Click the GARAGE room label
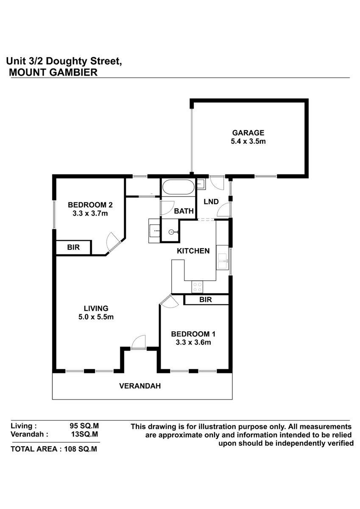point(248,133)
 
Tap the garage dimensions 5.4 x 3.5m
point(248,141)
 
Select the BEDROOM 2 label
point(90,205)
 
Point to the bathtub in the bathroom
point(178,187)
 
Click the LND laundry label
point(211,201)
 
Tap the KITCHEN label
point(193,251)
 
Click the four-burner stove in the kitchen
point(197,287)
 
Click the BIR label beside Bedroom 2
point(73,247)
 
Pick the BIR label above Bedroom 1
point(206,299)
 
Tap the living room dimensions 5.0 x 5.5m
point(96,317)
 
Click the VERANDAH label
point(140,386)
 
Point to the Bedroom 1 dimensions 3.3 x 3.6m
point(193,342)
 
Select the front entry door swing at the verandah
point(138,342)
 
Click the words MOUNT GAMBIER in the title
point(53,73)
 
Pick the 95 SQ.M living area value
point(84,425)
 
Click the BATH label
point(184,211)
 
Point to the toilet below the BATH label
point(173,232)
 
